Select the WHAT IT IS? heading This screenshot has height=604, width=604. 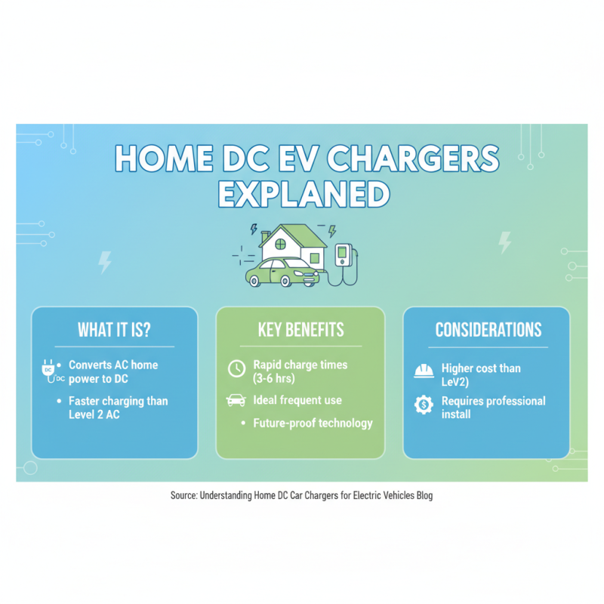pyautogui.click(x=114, y=330)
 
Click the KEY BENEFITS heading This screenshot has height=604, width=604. pyautogui.click(x=300, y=330)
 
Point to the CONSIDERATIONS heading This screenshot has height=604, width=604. pyautogui.click(x=488, y=330)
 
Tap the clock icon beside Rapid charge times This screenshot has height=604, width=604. pyautogui.click(x=236, y=368)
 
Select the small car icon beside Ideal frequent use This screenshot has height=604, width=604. pyautogui.click(x=236, y=400)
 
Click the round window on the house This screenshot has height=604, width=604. pyautogui.click(x=281, y=245)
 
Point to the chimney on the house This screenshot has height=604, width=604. pyautogui.click(x=265, y=236)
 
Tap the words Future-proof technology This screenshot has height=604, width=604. pyautogui.click(x=313, y=423)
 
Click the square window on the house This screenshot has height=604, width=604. pyautogui.click(x=314, y=258)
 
